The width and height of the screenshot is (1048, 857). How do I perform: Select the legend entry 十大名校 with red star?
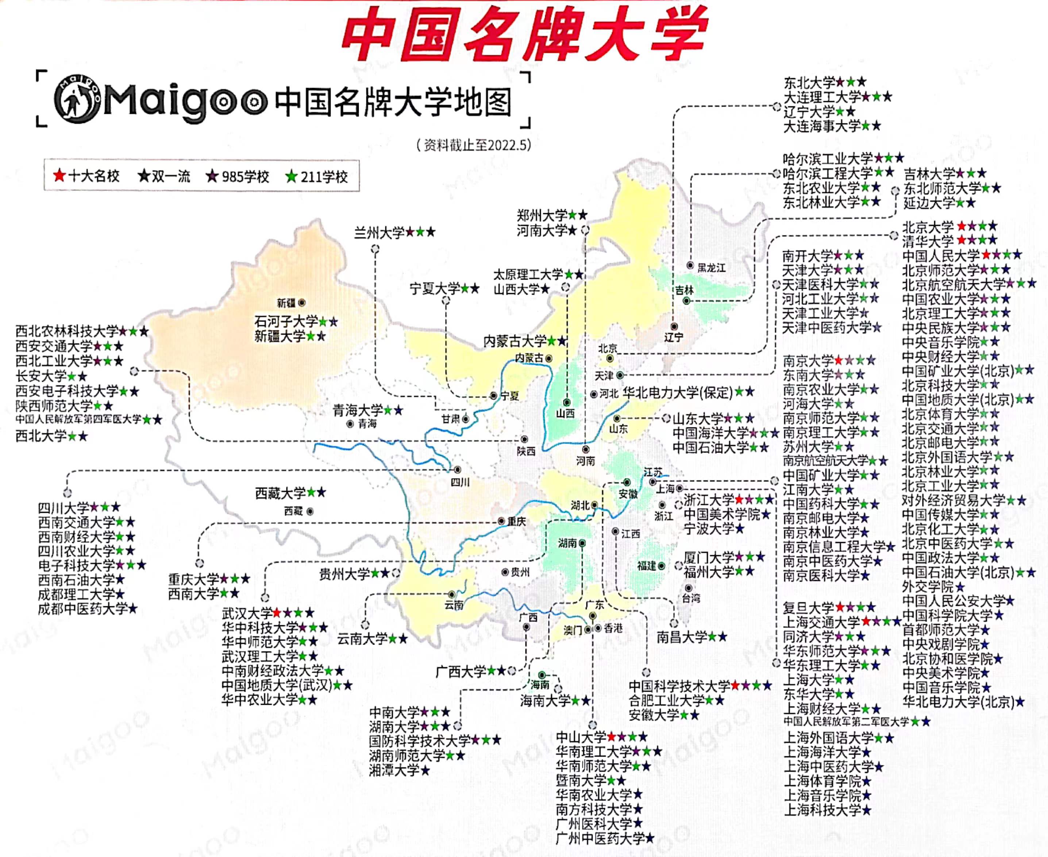pos(87,176)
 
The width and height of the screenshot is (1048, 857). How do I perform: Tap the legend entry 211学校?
pos(317,177)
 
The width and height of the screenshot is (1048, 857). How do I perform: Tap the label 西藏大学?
pos(280,493)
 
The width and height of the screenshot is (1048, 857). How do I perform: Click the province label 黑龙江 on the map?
pos(711,268)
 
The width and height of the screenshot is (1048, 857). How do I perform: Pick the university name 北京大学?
pos(928,227)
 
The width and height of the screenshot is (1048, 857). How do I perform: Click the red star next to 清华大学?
pos(961,241)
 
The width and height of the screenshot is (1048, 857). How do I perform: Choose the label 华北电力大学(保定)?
pos(678,393)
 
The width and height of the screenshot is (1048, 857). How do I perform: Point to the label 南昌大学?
pos(681,637)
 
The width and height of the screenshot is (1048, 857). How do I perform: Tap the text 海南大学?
pos(545,700)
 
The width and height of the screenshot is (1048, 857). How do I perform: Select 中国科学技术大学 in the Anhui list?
pos(679,686)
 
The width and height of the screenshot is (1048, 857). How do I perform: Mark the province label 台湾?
pos(691,598)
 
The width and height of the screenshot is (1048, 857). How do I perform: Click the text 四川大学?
pos(63,507)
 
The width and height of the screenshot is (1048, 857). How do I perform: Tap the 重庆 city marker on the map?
pos(501,521)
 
